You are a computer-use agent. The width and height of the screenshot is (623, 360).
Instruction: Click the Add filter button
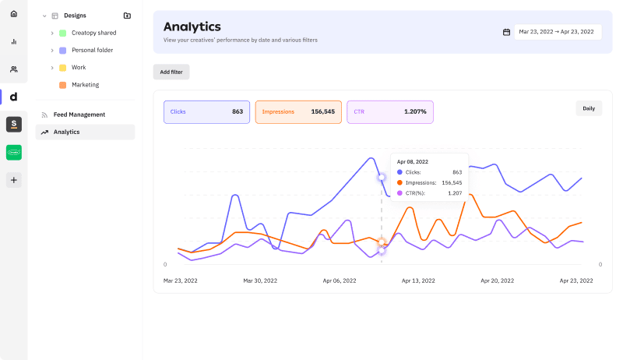point(171,72)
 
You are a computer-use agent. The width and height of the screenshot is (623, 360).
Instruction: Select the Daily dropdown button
point(589,108)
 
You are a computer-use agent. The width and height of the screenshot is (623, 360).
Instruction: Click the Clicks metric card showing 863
point(206,111)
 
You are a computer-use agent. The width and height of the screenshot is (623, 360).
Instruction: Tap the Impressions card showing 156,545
point(298,111)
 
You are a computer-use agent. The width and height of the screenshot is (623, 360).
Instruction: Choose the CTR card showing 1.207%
point(389,111)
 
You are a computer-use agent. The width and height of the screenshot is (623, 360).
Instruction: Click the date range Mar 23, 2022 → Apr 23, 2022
point(557,32)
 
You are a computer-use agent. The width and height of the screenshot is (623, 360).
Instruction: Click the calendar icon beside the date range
point(506,32)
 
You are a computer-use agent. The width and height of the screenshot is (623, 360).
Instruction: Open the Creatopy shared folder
point(93,33)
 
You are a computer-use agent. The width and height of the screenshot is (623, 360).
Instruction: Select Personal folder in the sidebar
point(92,50)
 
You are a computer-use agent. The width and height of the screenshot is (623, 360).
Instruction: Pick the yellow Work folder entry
point(78,67)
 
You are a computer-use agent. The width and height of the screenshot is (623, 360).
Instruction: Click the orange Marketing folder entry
point(85,84)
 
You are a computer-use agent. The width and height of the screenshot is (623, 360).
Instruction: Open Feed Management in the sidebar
point(79,115)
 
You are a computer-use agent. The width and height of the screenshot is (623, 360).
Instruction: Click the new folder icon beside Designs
point(127,16)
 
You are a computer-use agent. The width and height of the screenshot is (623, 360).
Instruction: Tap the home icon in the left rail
point(13,14)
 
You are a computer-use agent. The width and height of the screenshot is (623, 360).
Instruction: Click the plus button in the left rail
point(13,180)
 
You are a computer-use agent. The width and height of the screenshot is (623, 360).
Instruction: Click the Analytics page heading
point(192,27)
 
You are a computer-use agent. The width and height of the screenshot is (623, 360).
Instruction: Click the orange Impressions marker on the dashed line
point(382,242)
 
